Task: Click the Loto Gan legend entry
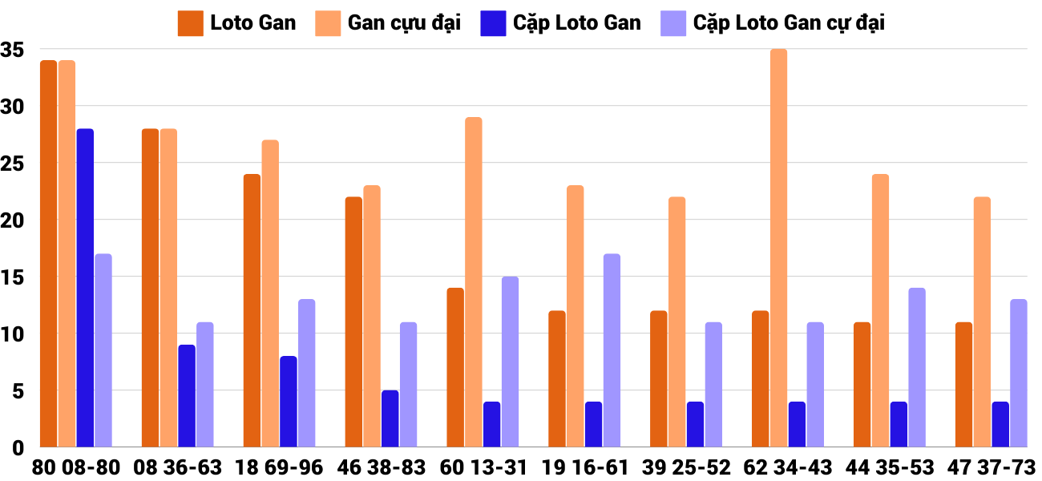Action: [x=237, y=23]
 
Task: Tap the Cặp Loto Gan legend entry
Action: [x=560, y=23]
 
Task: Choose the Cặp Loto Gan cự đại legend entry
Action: [x=773, y=23]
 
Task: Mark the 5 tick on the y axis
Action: [x=18, y=390]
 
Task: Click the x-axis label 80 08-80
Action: [x=76, y=467]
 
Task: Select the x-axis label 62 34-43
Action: [x=788, y=467]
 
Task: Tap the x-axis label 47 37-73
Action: [x=991, y=467]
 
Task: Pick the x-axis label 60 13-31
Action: [x=483, y=467]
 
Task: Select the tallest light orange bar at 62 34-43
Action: [x=778, y=248]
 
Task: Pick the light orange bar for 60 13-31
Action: [x=474, y=281]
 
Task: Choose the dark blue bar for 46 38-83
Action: [x=390, y=418]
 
